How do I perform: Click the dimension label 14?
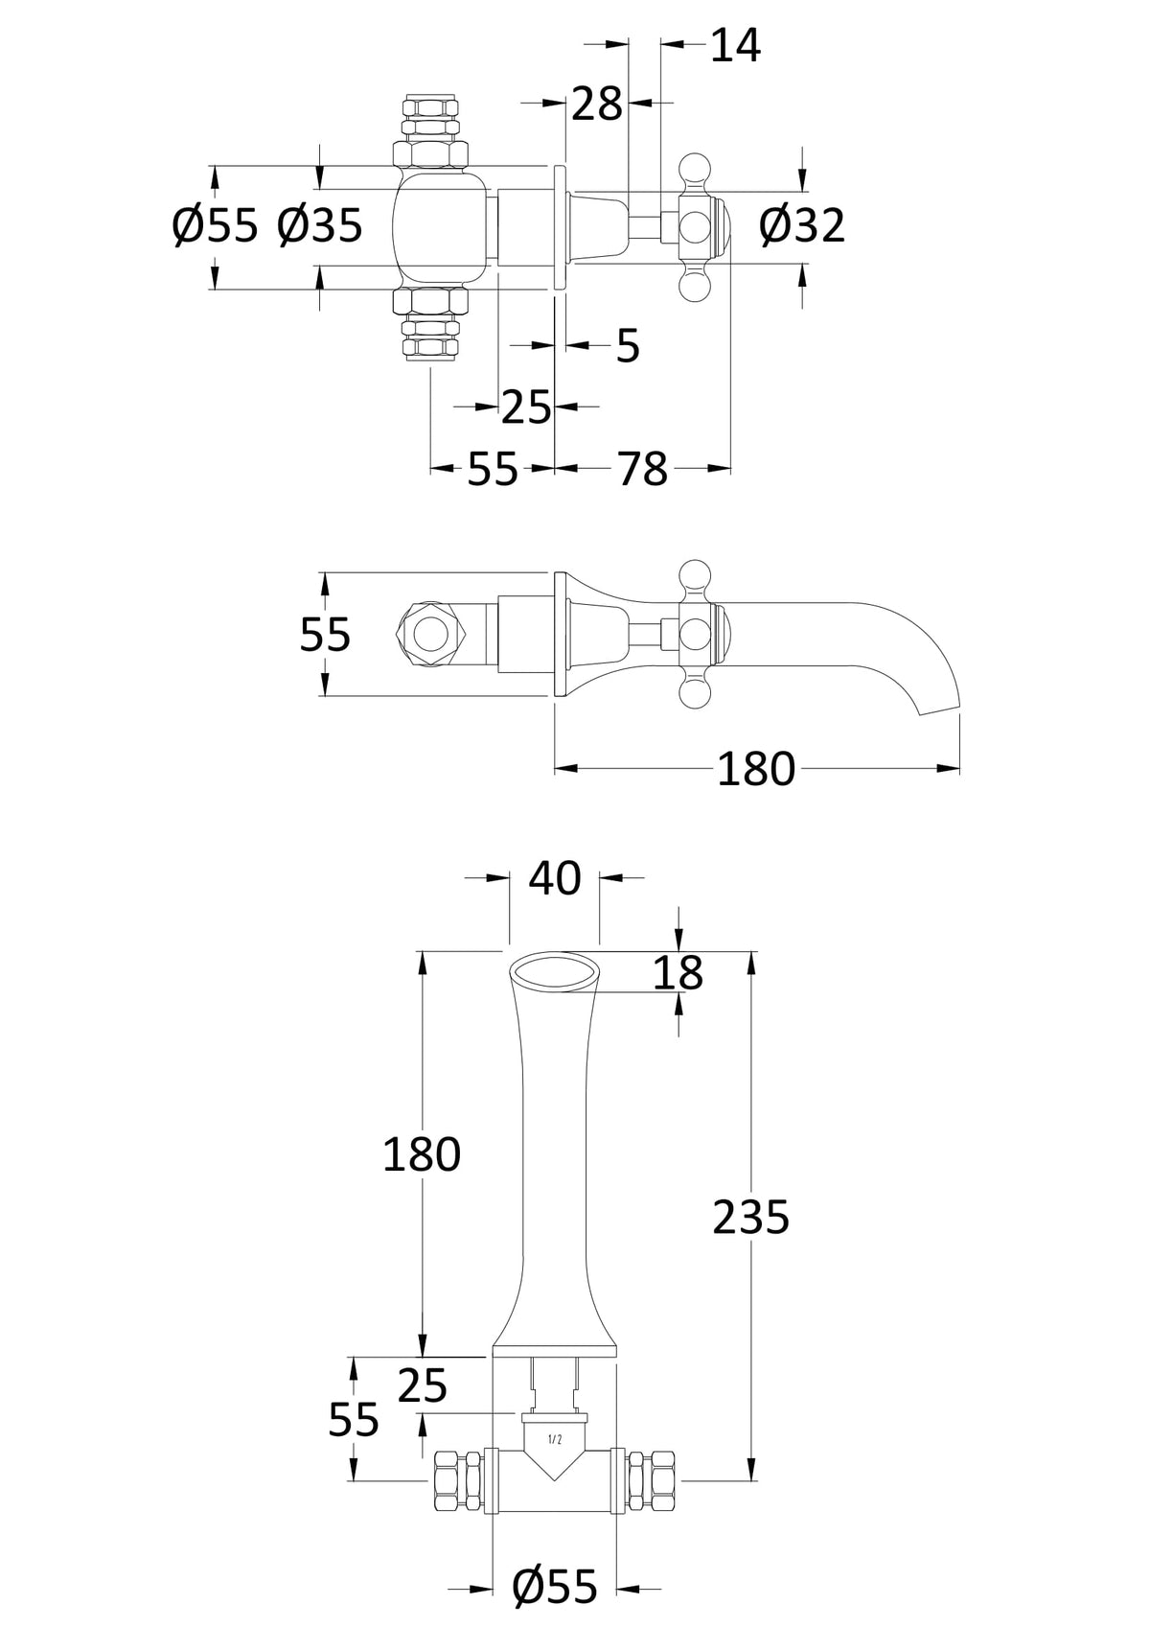tap(735, 45)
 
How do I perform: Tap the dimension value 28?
tap(597, 104)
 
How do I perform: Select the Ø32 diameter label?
tap(802, 226)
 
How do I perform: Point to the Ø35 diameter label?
tap(320, 226)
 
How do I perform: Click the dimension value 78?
tap(642, 469)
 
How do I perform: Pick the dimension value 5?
tap(627, 346)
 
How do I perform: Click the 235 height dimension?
tap(751, 1217)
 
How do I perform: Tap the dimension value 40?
tap(554, 878)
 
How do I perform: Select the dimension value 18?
tap(678, 973)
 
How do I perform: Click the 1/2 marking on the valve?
tap(554, 1438)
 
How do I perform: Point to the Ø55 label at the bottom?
tap(555, 1586)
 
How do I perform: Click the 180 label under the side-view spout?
tap(756, 769)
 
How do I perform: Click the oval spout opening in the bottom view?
tap(554, 972)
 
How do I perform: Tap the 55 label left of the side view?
tap(326, 635)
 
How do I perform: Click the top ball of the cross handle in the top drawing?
tap(697, 170)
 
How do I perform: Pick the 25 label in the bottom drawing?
tap(423, 1385)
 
